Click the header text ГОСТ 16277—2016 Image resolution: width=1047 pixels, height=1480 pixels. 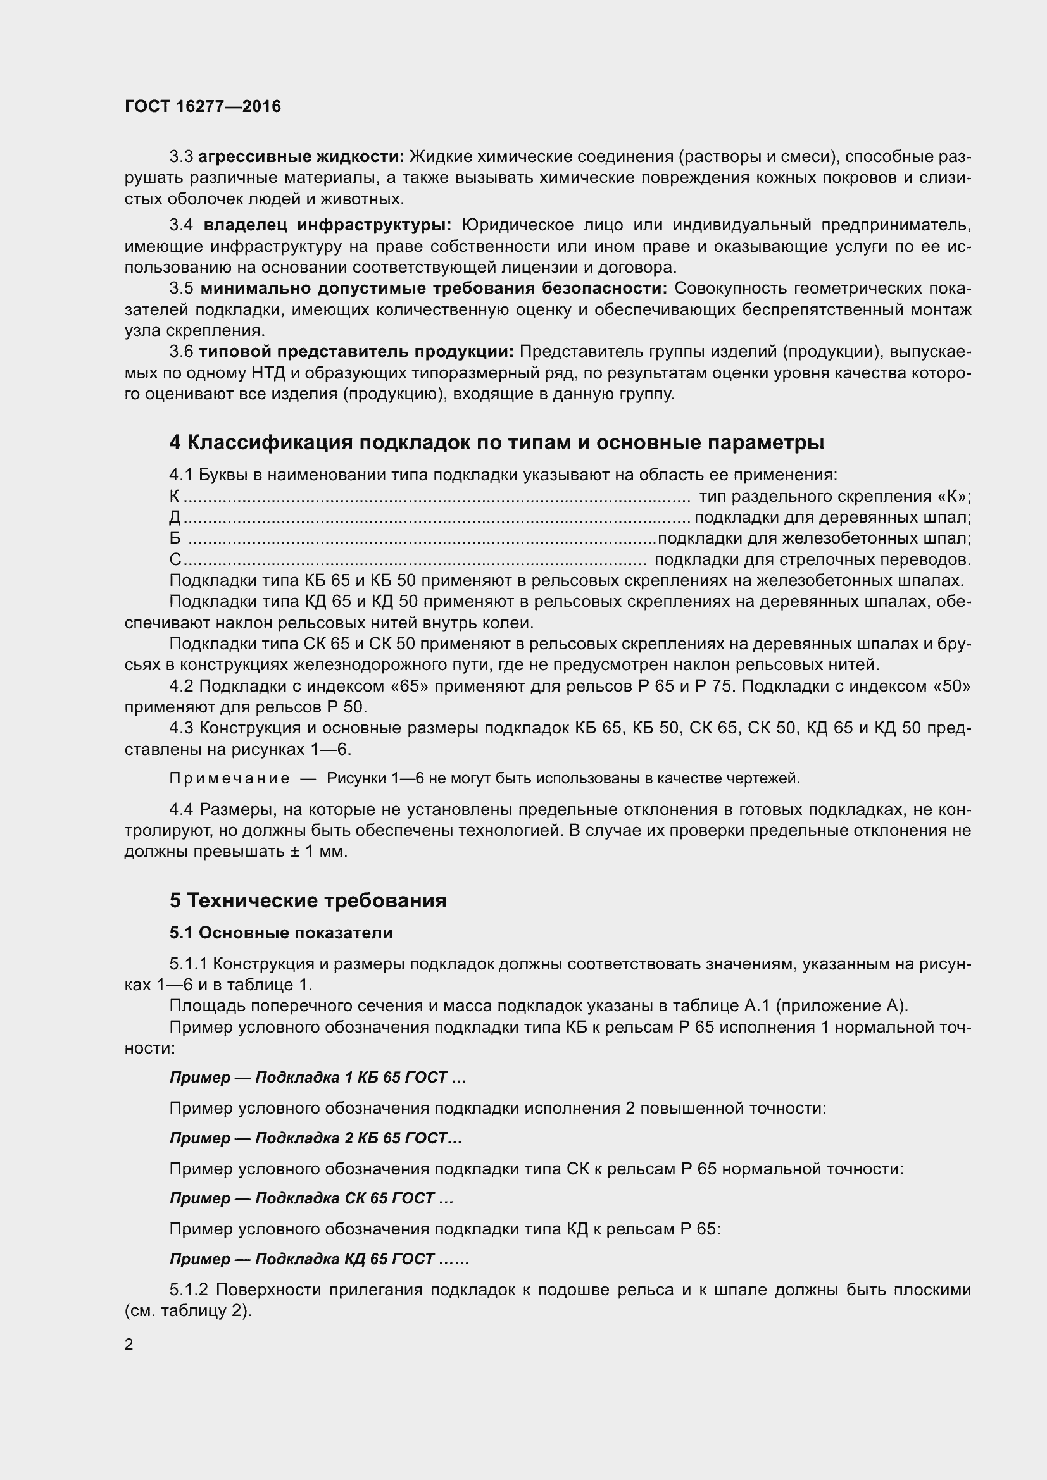[203, 106]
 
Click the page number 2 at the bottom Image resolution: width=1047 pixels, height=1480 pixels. [129, 1344]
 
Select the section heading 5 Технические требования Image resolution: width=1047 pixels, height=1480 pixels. [308, 900]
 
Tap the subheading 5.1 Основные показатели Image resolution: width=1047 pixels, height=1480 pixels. [281, 933]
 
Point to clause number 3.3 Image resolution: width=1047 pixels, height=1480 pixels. [181, 157]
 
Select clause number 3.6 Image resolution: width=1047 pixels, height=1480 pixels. [181, 351]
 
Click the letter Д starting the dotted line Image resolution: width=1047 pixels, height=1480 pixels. [175, 518]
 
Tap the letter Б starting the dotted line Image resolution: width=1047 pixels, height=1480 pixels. [175, 539]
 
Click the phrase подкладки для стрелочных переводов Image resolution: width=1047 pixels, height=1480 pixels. [812, 559]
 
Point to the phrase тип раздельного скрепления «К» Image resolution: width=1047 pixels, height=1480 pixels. [835, 496]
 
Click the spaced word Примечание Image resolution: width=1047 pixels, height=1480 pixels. [229, 779]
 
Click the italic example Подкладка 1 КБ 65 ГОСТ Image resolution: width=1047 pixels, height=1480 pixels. [351, 1078]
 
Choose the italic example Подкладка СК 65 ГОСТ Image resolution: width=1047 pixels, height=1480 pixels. [345, 1198]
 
